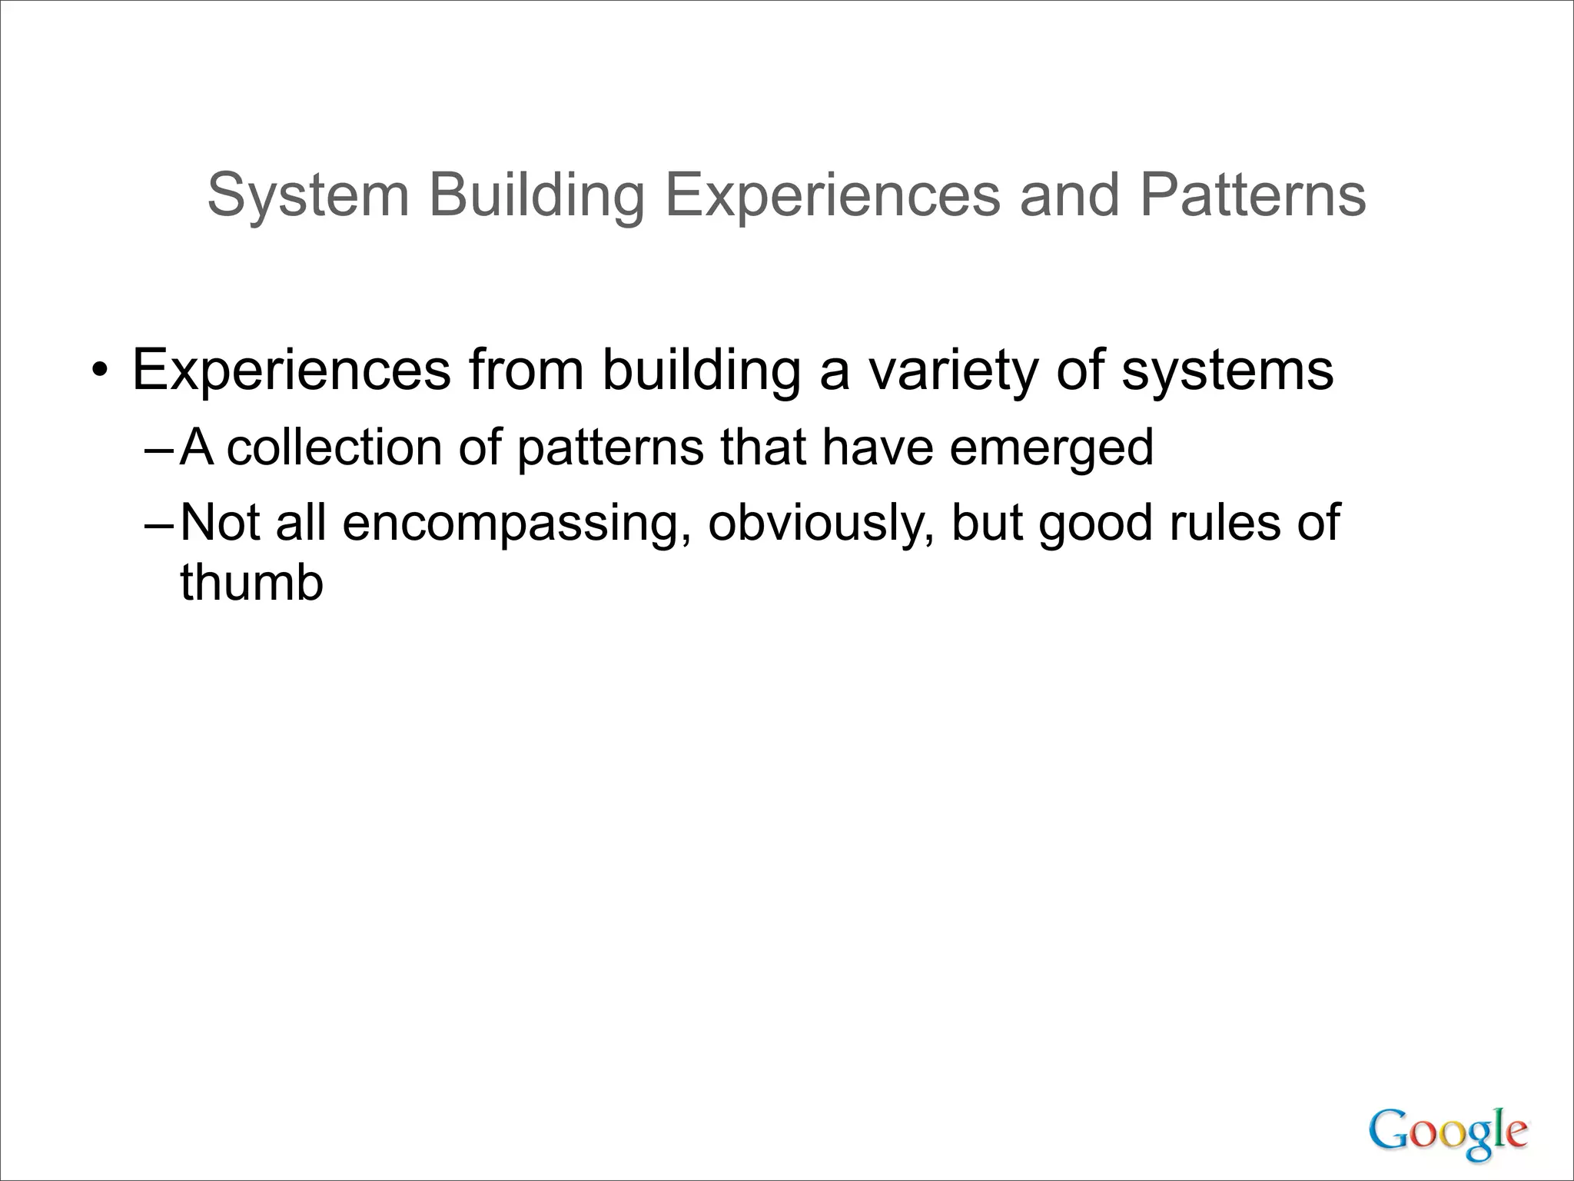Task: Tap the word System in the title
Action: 307,196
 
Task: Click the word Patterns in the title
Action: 1253,196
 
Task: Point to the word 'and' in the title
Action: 1070,196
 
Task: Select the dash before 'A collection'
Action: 160,448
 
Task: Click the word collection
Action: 334,447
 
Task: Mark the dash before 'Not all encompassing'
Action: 160,524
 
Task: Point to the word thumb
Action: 251,583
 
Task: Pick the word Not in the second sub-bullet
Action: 220,523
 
